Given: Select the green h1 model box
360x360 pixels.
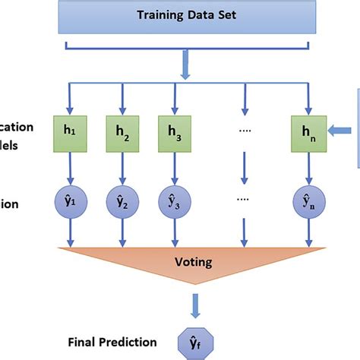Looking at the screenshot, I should click(70, 131).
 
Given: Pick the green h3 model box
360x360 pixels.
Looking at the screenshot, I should click(173, 131).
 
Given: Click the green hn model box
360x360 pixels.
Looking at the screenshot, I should click(308, 131).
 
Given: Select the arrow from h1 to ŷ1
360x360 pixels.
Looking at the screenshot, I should click(70, 167).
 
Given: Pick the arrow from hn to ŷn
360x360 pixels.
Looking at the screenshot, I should click(308, 167).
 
